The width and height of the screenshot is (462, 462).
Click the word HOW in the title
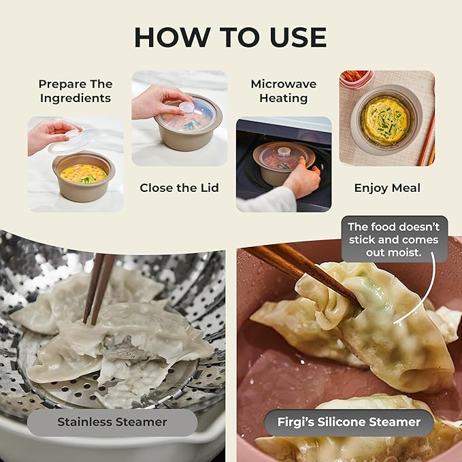point(172,37)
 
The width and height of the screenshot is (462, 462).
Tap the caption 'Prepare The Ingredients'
point(76,91)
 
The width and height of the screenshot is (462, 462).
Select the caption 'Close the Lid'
point(179,188)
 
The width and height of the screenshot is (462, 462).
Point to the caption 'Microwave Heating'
point(284,91)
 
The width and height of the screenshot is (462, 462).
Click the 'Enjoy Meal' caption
point(387,188)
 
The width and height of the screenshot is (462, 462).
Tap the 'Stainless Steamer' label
point(112,422)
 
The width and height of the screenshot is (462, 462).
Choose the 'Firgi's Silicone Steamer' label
point(349,422)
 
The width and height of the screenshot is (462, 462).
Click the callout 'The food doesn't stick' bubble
point(394,240)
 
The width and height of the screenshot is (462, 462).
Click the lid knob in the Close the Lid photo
point(187,108)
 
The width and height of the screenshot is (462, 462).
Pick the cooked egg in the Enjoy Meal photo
point(385,121)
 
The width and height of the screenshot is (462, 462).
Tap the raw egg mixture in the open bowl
point(84,174)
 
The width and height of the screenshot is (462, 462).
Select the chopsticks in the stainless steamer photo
point(99,288)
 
